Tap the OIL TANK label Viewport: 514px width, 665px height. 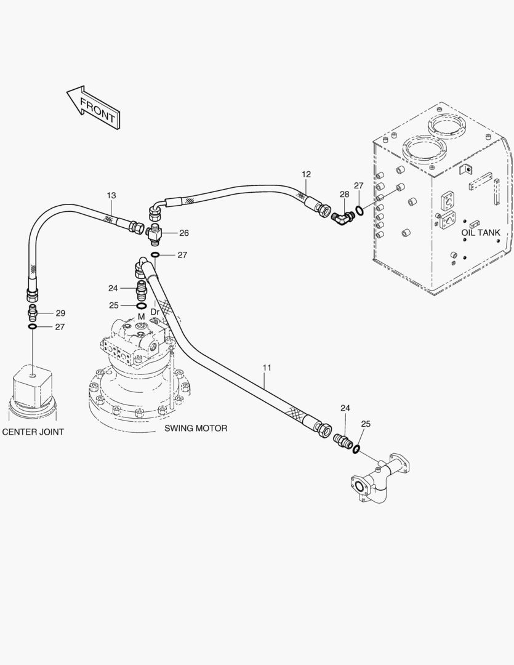[481, 233]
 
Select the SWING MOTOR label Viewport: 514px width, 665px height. [196, 429]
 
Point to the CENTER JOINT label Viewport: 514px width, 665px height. [33, 432]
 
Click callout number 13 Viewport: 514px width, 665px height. [111, 196]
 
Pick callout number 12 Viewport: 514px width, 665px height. [306, 174]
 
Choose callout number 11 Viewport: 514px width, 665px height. [267, 368]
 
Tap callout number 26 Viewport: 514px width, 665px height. [183, 233]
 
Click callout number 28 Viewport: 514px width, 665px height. [344, 194]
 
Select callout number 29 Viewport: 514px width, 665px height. [61, 313]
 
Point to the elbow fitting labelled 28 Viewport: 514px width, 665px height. [342, 217]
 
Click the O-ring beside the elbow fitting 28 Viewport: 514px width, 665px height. [359, 210]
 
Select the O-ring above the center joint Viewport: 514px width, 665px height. [33, 326]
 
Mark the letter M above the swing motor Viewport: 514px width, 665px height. [141, 317]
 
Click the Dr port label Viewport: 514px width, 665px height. [155, 312]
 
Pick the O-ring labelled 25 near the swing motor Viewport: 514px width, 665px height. [142, 306]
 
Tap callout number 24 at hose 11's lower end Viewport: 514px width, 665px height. [345, 408]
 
